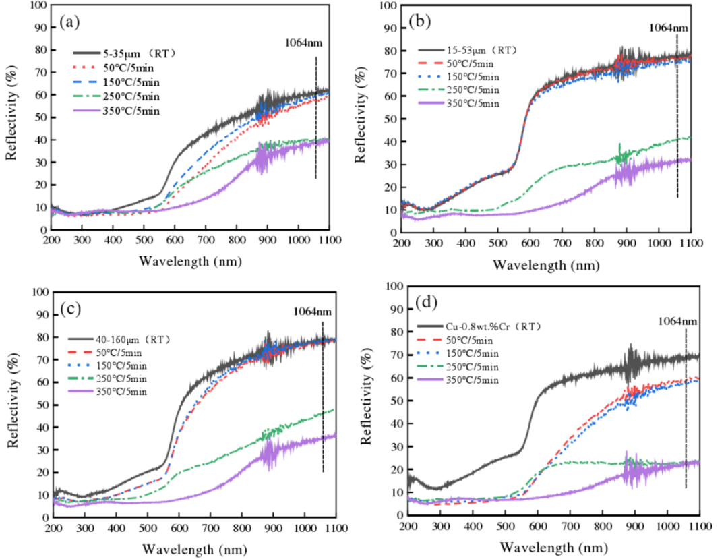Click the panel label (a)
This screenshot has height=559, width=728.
70,22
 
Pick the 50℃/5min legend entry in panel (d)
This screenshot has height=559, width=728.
472,339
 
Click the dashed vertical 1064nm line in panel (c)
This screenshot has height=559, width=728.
323,405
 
